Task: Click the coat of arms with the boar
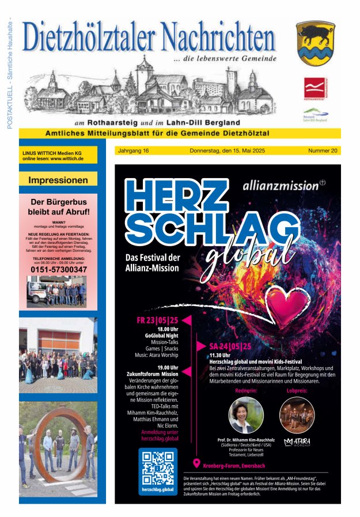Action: pyautogui.click(x=315, y=43)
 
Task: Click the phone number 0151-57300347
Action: pyautogui.click(x=59, y=269)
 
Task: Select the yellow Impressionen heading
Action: pyautogui.click(x=58, y=180)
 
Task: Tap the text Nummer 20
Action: pyautogui.click(x=323, y=150)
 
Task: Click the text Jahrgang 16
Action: pyautogui.click(x=133, y=150)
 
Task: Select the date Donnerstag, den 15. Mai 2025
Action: pyautogui.click(x=226, y=150)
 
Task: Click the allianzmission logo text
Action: pyautogui.click(x=281, y=186)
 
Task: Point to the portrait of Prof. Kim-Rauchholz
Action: pyautogui.click(x=245, y=415)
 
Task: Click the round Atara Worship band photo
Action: pyautogui.click(x=297, y=415)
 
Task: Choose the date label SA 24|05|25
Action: pyautogui.click(x=230, y=346)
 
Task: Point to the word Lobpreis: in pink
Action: pyautogui.click(x=297, y=391)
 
